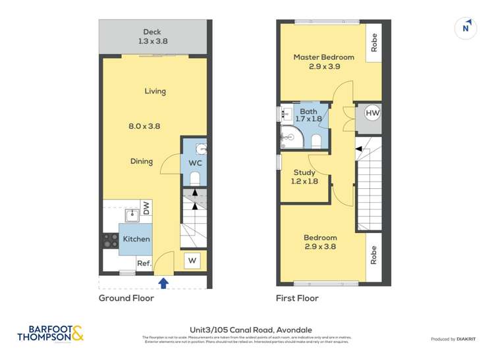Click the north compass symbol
click(466, 28)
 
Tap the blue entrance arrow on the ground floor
click(163, 283)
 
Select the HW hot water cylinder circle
click(373, 113)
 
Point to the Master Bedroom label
click(323, 62)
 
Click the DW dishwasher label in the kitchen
click(146, 209)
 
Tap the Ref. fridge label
click(144, 263)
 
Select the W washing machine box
click(192, 261)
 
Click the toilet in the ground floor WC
click(195, 177)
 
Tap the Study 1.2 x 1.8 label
click(304, 176)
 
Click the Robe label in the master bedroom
click(373, 43)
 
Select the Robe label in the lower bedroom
click(373, 255)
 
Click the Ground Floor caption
click(126, 298)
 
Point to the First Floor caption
click(297, 298)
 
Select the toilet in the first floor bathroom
click(315, 140)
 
